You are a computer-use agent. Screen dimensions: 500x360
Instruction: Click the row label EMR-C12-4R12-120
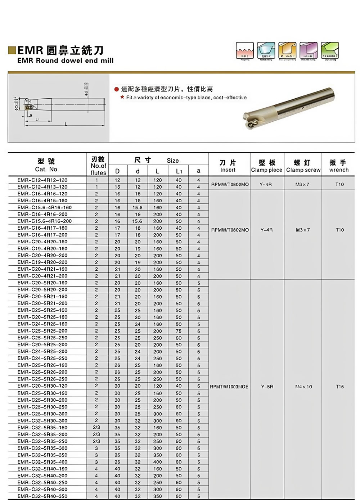[x=42, y=180]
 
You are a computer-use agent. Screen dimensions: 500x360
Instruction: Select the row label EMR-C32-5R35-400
[x=42, y=462]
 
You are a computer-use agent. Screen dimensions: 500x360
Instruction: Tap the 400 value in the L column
[x=157, y=462]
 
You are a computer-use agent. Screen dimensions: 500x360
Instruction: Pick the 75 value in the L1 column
[x=179, y=331]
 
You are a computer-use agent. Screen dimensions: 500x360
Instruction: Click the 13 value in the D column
[x=117, y=187]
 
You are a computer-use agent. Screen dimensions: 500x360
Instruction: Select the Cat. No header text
[x=46, y=169]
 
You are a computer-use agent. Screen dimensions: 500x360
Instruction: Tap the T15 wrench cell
[x=339, y=387]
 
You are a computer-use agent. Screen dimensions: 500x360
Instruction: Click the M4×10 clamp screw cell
[x=303, y=387]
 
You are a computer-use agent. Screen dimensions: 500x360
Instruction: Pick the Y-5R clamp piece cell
[x=267, y=387]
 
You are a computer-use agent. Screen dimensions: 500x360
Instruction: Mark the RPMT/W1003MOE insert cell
[x=229, y=387]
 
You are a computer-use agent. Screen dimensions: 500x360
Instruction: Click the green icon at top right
[x=330, y=50]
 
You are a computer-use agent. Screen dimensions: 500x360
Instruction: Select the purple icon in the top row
[x=309, y=50]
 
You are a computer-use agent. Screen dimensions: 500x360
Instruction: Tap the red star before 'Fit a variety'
[x=122, y=97]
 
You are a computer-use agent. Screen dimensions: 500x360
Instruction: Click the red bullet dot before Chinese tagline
[x=116, y=89]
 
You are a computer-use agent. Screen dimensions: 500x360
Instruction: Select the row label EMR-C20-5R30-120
[x=42, y=386]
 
